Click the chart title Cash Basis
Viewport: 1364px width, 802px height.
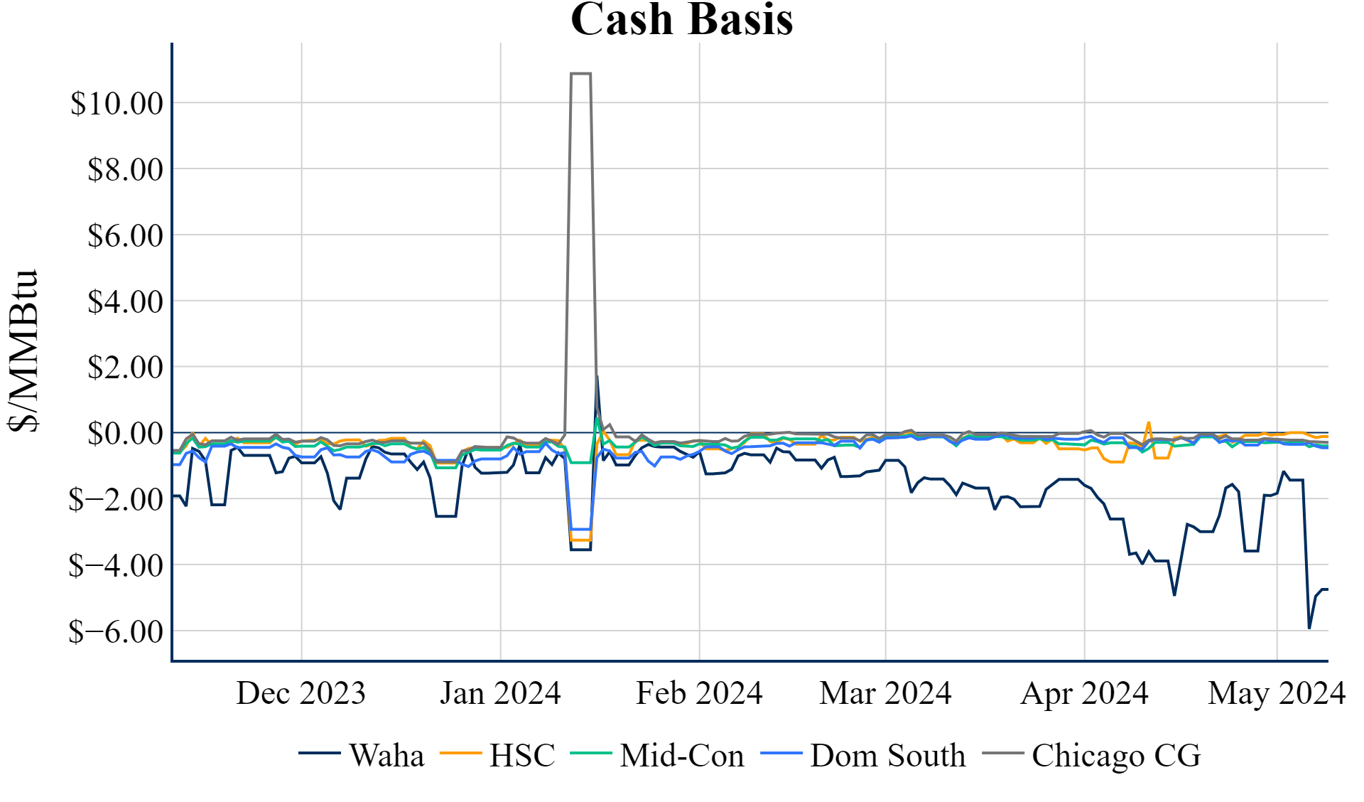click(x=681, y=20)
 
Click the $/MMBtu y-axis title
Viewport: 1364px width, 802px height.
click(x=23, y=351)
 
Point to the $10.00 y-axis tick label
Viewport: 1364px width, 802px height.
click(x=117, y=104)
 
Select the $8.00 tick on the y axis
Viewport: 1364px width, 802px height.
click(x=125, y=170)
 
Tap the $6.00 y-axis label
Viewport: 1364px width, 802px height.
click(x=125, y=236)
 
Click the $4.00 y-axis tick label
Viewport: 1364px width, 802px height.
click(x=125, y=302)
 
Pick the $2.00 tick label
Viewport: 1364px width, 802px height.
click(x=125, y=368)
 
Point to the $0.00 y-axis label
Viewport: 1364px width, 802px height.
click(x=125, y=434)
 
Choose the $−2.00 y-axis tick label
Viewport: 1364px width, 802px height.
click(x=116, y=500)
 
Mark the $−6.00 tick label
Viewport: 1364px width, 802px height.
click(x=116, y=631)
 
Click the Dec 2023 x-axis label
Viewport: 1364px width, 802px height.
click(x=301, y=693)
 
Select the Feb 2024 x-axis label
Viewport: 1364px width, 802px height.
click(x=699, y=693)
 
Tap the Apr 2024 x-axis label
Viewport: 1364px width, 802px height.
click(x=1084, y=693)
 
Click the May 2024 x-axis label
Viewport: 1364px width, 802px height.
click(x=1277, y=693)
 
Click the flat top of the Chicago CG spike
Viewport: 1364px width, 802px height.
click(x=580, y=73)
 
